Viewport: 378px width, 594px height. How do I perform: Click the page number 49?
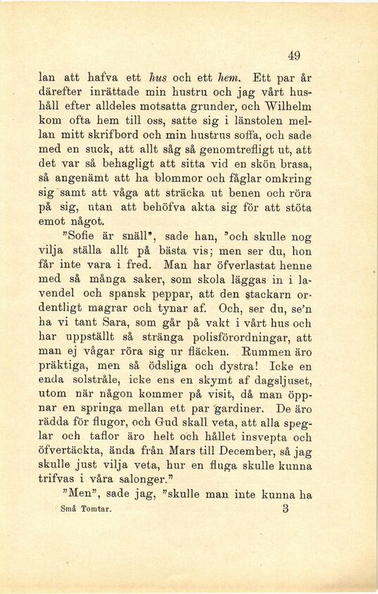(x=294, y=56)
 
